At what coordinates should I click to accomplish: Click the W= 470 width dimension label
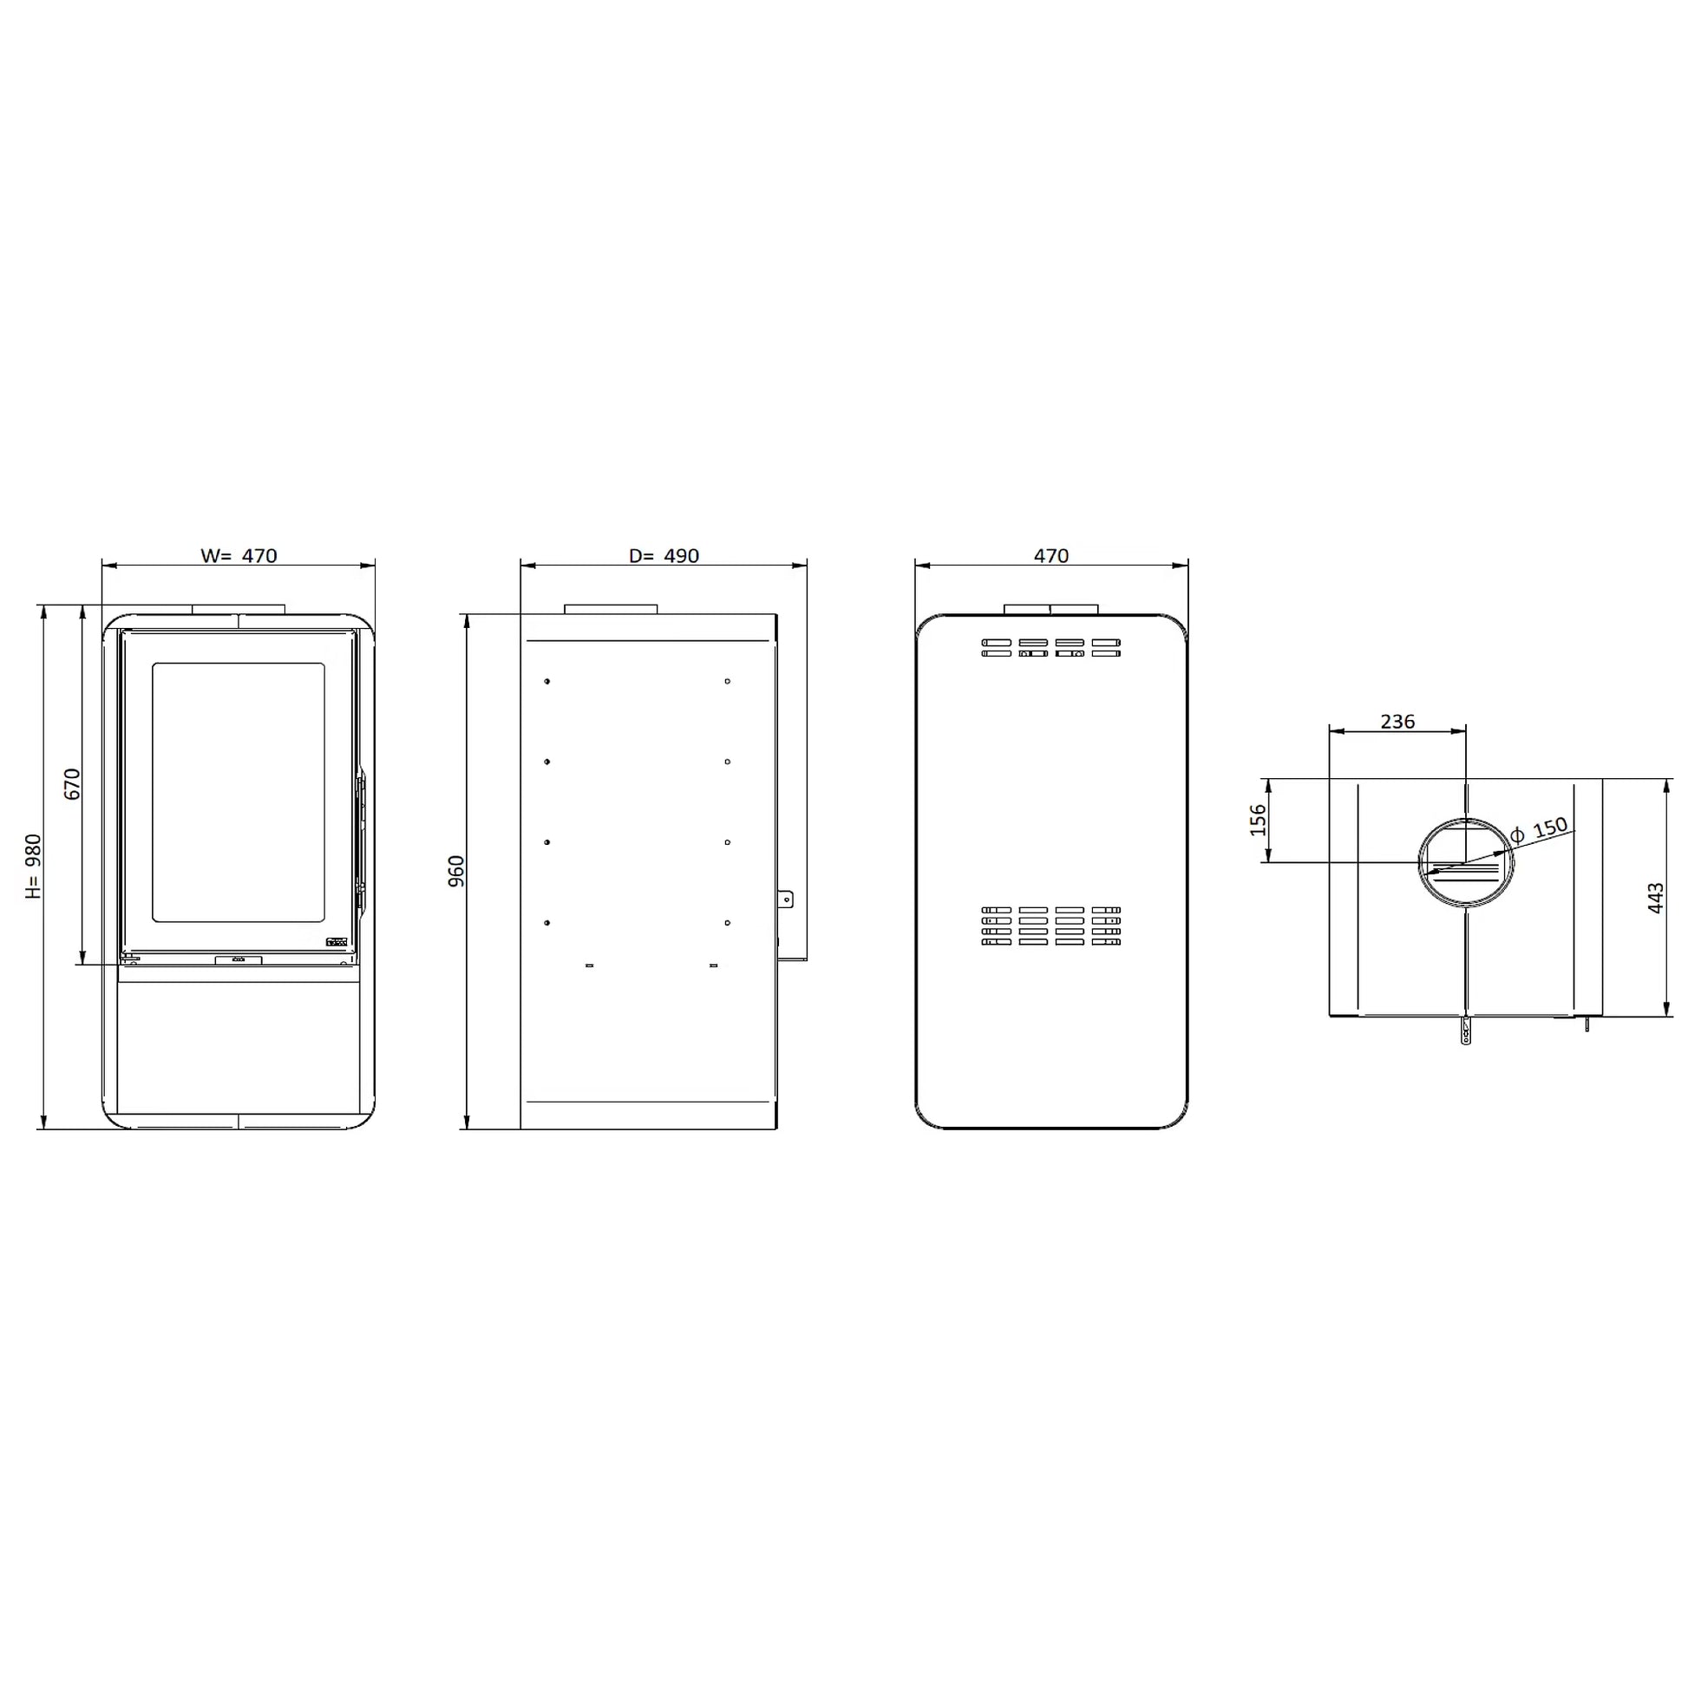pyautogui.click(x=239, y=556)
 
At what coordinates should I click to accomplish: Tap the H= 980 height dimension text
pyautogui.click(x=33, y=866)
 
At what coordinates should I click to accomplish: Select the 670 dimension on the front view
pyautogui.click(x=73, y=784)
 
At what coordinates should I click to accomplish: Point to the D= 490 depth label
pyautogui.click(x=664, y=556)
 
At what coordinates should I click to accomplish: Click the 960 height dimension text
pyautogui.click(x=456, y=871)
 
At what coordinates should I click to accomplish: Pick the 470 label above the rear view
pyautogui.click(x=1051, y=556)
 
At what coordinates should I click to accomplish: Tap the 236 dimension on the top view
pyautogui.click(x=1397, y=722)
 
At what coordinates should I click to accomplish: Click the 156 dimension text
pyautogui.click(x=1258, y=820)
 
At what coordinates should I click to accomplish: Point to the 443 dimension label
pyautogui.click(x=1656, y=898)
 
